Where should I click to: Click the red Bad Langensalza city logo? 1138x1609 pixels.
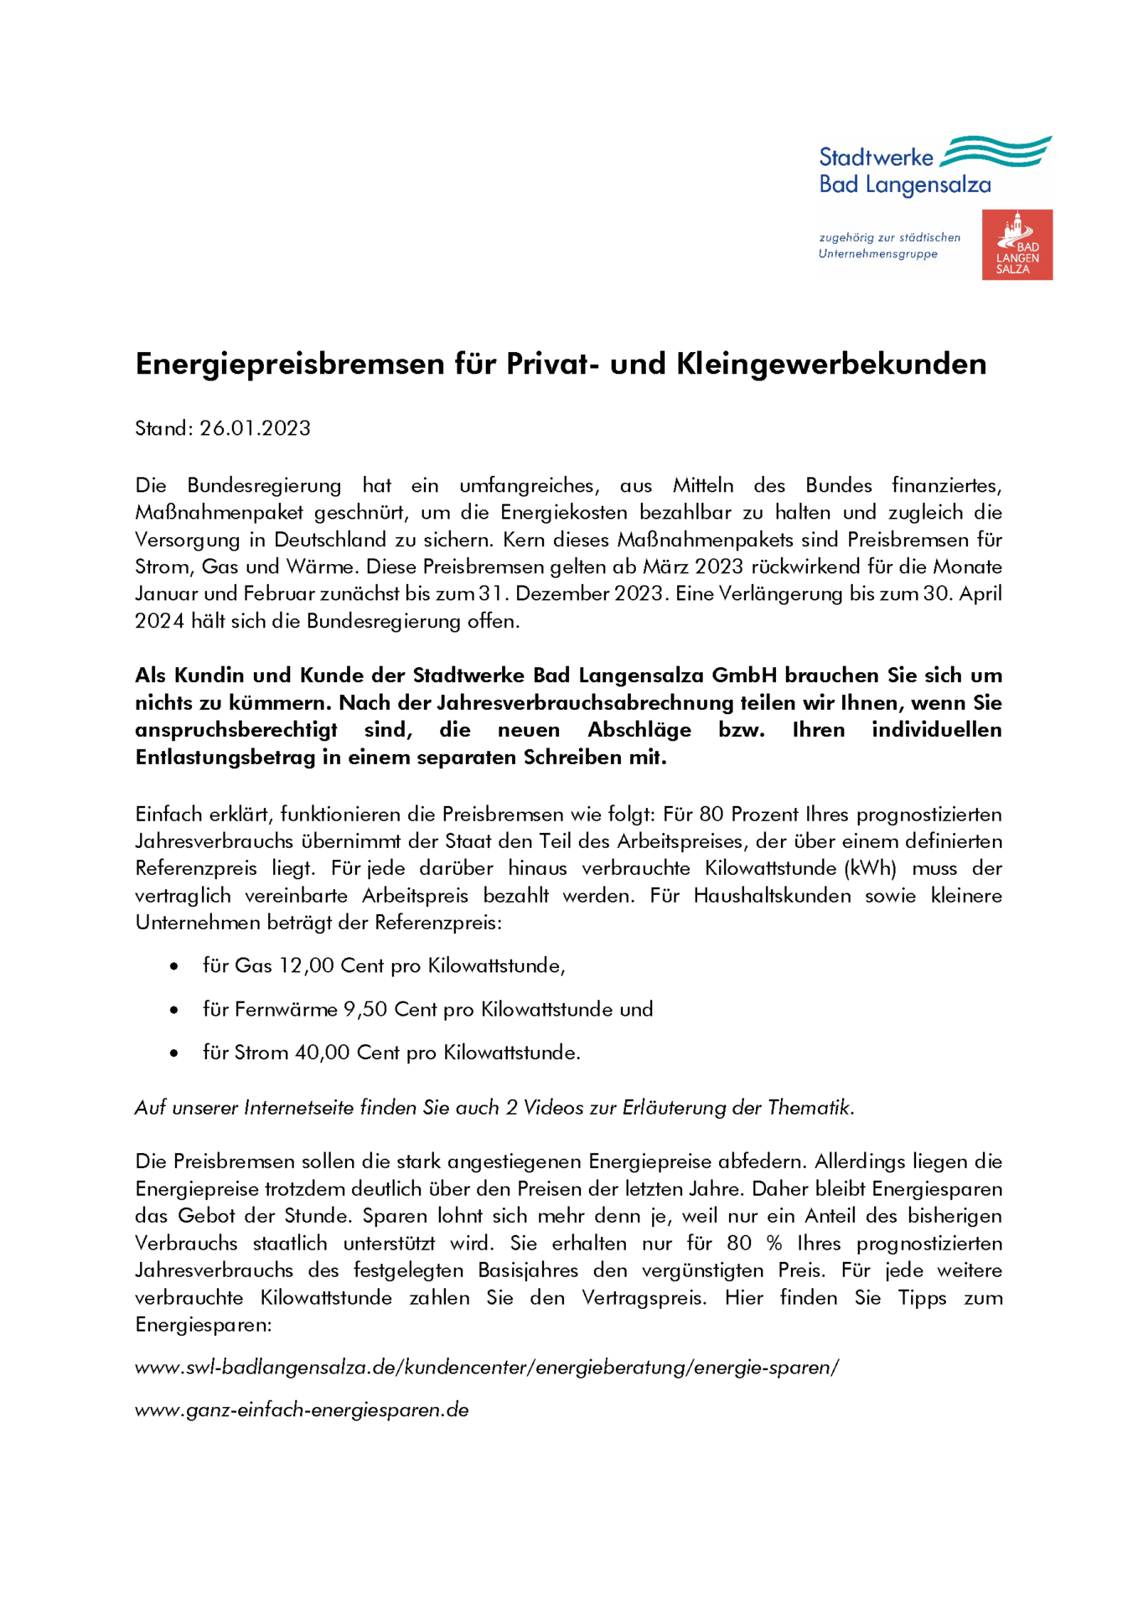point(1016,245)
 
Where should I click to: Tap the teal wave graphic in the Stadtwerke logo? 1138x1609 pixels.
point(995,152)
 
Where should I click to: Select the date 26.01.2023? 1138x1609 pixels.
point(255,428)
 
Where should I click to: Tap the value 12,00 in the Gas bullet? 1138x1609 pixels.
point(307,966)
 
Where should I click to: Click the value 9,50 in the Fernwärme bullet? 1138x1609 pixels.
point(365,1010)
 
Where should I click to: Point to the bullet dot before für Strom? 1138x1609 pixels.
point(173,1053)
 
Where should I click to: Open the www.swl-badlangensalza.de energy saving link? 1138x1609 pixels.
point(487,1368)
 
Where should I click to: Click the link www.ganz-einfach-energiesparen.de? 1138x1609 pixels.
point(302,1410)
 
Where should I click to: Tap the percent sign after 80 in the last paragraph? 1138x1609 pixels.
point(774,1244)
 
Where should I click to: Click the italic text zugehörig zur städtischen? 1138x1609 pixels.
point(889,238)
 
